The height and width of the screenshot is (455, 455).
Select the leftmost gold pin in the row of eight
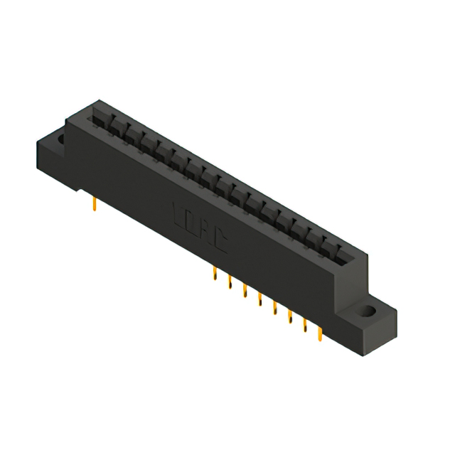pyautogui.click(x=215, y=276)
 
